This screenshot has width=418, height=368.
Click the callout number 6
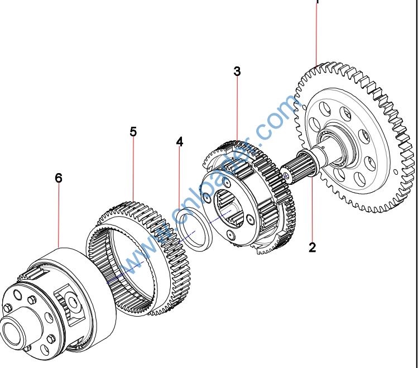pyautogui.click(x=59, y=178)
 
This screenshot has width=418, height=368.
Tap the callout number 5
pyautogui.click(x=133, y=132)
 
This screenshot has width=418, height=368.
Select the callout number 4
pyautogui.click(x=179, y=142)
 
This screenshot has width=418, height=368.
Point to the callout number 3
pyautogui.click(x=237, y=71)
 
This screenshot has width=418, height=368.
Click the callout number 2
pyautogui.click(x=312, y=247)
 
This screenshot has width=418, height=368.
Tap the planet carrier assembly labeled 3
pyautogui.click(x=246, y=195)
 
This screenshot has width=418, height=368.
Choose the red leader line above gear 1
pyautogui.click(x=317, y=34)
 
